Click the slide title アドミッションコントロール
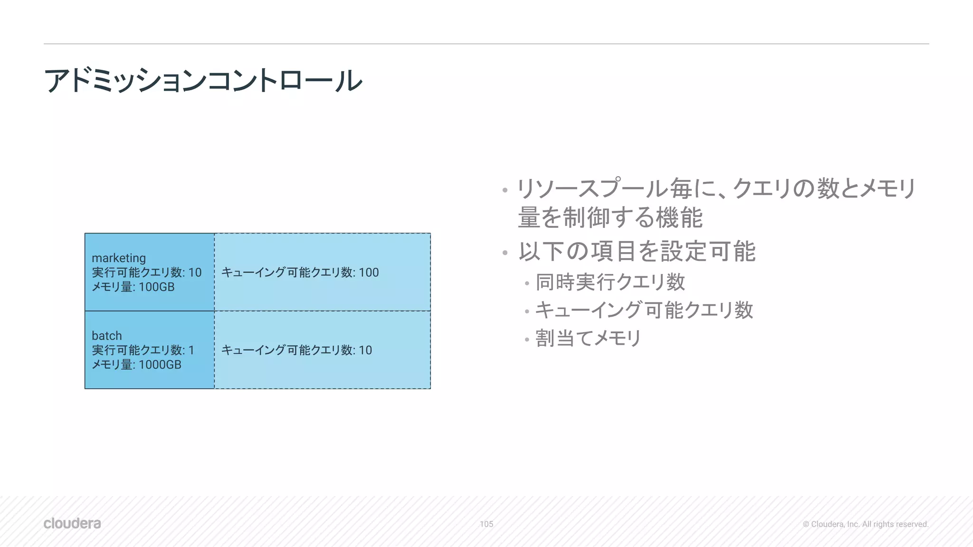pyautogui.click(x=203, y=80)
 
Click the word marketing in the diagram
pyautogui.click(x=119, y=258)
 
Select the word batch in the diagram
pyautogui.click(x=107, y=336)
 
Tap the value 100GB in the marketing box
pyautogui.click(x=157, y=287)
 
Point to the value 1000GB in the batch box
pyautogui.click(x=160, y=365)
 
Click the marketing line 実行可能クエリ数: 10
pyautogui.click(x=146, y=273)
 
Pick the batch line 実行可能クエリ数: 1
pyautogui.click(x=143, y=350)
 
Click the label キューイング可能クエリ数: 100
pyautogui.click(x=300, y=273)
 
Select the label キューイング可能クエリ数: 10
pyautogui.click(x=296, y=350)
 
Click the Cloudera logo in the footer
pyautogui.click(x=72, y=523)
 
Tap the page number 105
pyautogui.click(x=486, y=524)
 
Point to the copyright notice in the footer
pyautogui.click(x=865, y=524)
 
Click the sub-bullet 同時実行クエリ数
pyautogui.click(x=610, y=282)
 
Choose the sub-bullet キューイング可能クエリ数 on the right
pyautogui.click(x=644, y=310)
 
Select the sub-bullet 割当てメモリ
pyautogui.click(x=588, y=339)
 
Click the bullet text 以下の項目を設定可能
pyautogui.click(x=637, y=251)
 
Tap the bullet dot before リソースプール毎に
pyautogui.click(x=505, y=191)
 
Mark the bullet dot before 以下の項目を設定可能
pyautogui.click(x=505, y=253)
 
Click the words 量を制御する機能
pyautogui.click(x=610, y=218)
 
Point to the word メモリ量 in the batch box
pyautogui.click(x=112, y=365)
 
